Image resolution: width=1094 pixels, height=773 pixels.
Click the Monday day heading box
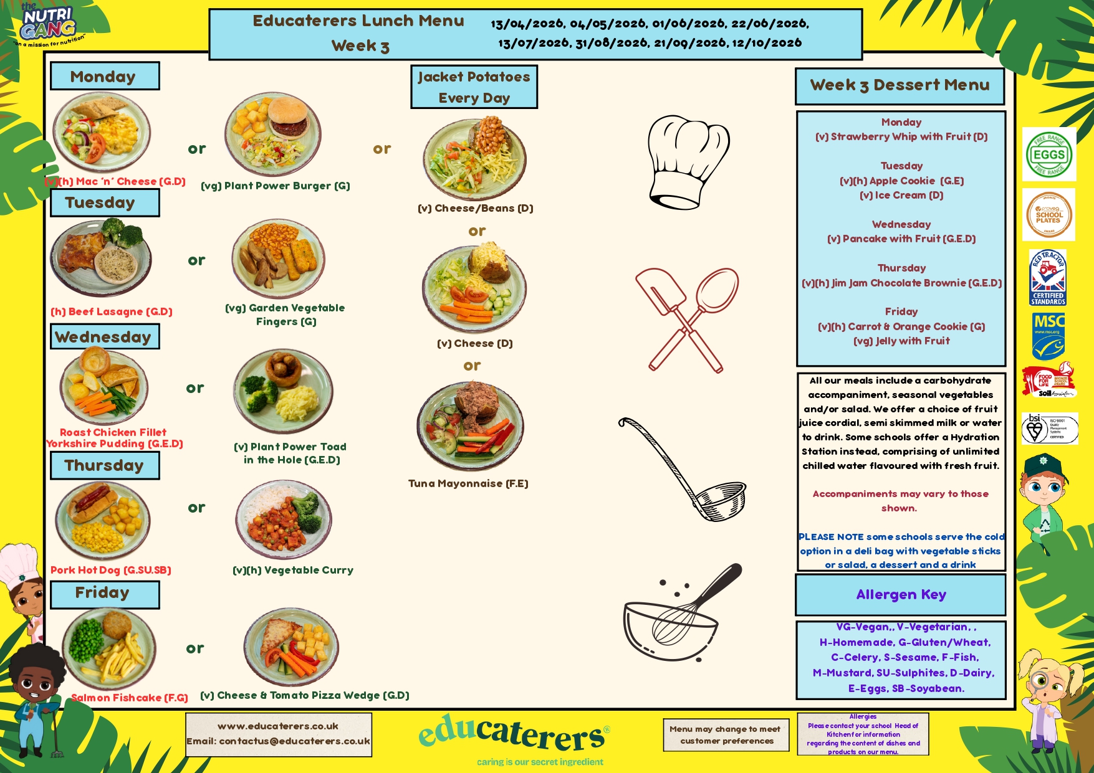click(104, 76)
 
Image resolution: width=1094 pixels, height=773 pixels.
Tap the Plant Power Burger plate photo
click(273, 134)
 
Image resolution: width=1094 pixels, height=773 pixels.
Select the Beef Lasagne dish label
click(112, 311)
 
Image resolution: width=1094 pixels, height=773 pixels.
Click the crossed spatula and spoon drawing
click(686, 320)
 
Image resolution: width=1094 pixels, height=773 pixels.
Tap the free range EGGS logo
click(1048, 154)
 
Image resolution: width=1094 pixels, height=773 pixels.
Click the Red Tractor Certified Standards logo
click(1048, 277)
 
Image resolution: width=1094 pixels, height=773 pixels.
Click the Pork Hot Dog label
click(111, 570)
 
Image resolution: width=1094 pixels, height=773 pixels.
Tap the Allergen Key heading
click(901, 595)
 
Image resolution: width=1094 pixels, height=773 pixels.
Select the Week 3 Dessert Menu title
click(900, 85)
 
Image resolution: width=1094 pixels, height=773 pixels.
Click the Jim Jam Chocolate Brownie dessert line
click(901, 283)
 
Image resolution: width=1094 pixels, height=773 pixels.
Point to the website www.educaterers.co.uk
click(278, 726)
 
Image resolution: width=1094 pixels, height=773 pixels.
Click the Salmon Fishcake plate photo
click(108, 649)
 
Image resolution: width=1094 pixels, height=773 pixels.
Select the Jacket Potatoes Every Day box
click(474, 87)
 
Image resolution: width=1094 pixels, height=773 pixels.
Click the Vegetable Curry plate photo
click(284, 519)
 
